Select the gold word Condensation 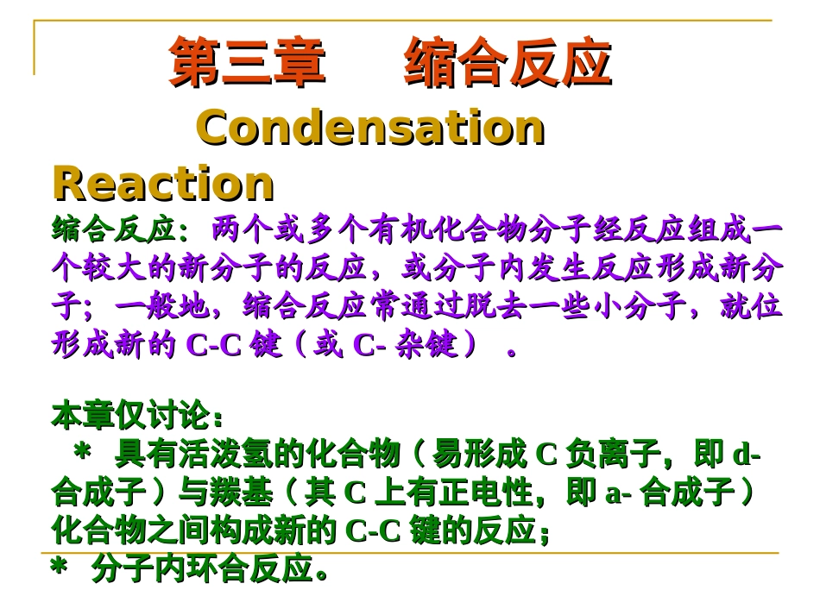point(371,129)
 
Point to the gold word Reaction point(163,183)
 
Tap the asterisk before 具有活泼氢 point(84,455)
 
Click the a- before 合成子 point(616,493)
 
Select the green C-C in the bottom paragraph point(374,531)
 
